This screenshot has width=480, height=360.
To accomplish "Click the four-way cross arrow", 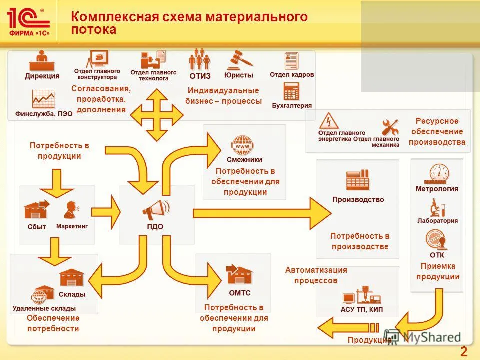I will tap(157, 115).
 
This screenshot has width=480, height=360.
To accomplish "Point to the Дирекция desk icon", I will tap(42, 62).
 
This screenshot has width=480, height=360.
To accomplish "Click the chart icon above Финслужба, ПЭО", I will tap(43, 99).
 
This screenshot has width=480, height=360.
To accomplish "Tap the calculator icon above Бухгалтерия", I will tap(291, 91).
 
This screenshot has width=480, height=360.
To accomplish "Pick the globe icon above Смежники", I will tap(244, 145).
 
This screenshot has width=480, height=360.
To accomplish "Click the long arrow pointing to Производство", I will tap(260, 213).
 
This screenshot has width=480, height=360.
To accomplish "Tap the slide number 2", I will tap(463, 351).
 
